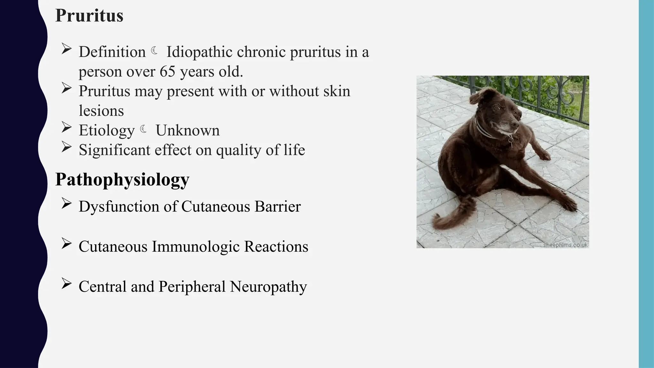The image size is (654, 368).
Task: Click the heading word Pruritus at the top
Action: pyautogui.click(x=89, y=16)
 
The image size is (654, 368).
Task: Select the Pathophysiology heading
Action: pyautogui.click(x=122, y=180)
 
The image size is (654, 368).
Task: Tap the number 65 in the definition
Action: pyautogui.click(x=167, y=72)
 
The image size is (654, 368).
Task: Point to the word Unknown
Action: pyautogui.click(x=187, y=130)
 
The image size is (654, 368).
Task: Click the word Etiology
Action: pyautogui.click(x=107, y=130)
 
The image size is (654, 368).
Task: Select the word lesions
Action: pyautogui.click(x=101, y=111)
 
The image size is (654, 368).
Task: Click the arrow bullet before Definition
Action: pyautogui.click(x=66, y=49)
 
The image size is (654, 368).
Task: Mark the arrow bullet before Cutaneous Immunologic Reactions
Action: pyautogui.click(x=66, y=244)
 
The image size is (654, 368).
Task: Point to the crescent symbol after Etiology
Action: pyautogui.click(x=144, y=129)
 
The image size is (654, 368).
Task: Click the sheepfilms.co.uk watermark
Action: pyautogui.click(x=565, y=245)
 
